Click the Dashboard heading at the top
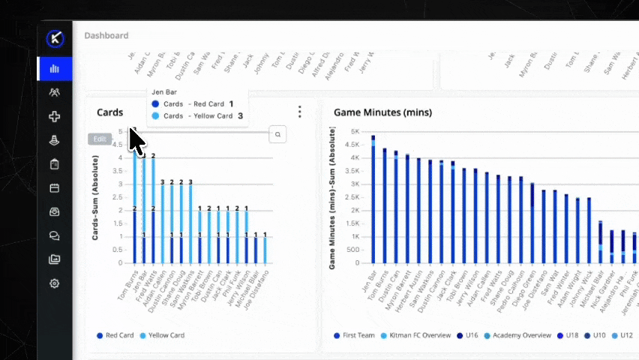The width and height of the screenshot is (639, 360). [106, 35]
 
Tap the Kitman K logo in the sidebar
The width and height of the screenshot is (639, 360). [55, 39]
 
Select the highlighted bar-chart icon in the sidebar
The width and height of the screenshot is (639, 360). [55, 69]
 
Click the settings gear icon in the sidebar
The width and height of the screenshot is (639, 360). [55, 283]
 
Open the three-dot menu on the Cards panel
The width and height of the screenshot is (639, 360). [300, 112]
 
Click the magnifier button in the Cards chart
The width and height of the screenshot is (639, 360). [277, 134]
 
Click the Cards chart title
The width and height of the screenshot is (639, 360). [110, 112]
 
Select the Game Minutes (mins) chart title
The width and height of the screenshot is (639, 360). [382, 112]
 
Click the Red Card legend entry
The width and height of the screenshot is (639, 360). [115, 335]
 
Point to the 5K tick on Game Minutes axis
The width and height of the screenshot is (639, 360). [355, 131]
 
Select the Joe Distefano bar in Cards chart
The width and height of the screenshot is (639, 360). [265, 250]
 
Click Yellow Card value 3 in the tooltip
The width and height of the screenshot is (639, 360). [240, 116]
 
